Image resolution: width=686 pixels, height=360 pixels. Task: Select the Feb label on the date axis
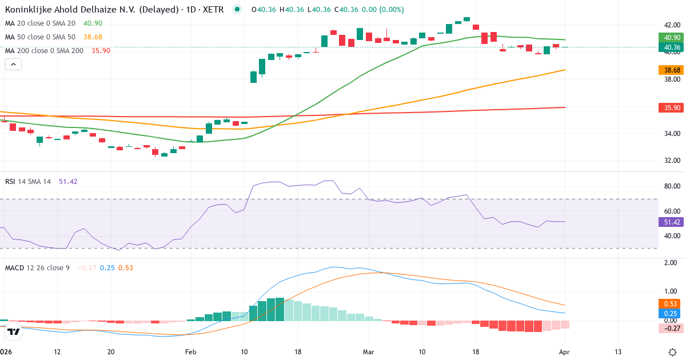point(191,351)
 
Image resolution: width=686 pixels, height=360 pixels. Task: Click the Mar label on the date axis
point(368,351)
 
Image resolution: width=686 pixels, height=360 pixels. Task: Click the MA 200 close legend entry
point(44,50)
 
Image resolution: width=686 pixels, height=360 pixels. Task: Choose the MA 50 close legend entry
point(40,37)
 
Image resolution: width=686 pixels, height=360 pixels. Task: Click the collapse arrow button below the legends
point(13,65)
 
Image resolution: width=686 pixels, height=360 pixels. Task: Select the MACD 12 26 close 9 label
point(37,267)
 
